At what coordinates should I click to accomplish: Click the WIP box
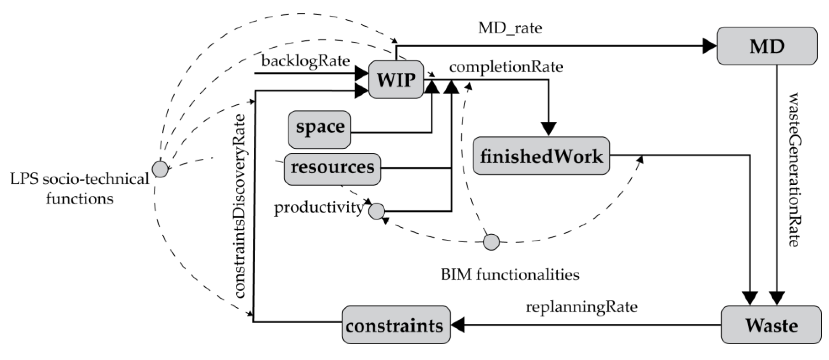(396, 79)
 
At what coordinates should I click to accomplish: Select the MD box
(766, 46)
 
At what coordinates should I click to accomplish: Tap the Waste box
(771, 325)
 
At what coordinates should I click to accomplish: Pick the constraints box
(396, 325)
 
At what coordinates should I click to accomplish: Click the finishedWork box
(541, 156)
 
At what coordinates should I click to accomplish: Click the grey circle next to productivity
(376, 211)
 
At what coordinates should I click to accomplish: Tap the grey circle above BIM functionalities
(491, 242)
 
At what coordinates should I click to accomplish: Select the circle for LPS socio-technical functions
(160, 169)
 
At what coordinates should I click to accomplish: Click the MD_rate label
(510, 28)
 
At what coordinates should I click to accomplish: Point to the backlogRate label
(305, 61)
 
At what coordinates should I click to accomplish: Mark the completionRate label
(506, 67)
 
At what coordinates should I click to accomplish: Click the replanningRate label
(581, 307)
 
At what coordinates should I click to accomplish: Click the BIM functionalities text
(510, 275)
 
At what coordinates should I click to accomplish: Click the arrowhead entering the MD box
(709, 46)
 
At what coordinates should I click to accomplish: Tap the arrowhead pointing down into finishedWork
(549, 129)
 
